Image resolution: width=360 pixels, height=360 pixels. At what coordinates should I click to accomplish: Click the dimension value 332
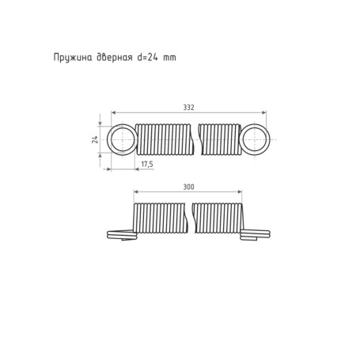tap(188, 107)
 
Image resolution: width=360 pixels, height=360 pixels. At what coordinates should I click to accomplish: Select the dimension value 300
tap(188, 187)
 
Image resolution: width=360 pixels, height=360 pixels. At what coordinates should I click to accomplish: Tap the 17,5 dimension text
tap(146, 165)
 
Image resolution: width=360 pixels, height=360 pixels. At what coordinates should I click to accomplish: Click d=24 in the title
tap(149, 57)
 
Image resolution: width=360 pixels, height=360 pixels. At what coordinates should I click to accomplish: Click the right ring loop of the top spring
tap(255, 139)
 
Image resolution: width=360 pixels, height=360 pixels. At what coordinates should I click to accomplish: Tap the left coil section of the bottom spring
tap(161, 218)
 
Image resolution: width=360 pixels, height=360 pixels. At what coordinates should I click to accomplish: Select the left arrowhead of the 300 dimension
tap(136, 192)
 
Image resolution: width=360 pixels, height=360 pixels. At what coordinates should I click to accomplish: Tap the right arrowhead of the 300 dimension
tap(240, 192)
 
